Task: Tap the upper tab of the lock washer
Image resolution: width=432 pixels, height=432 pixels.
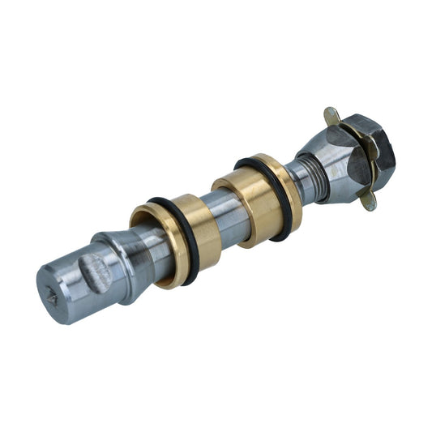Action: point(331,116)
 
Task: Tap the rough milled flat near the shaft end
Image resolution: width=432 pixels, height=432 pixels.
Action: point(98,272)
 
